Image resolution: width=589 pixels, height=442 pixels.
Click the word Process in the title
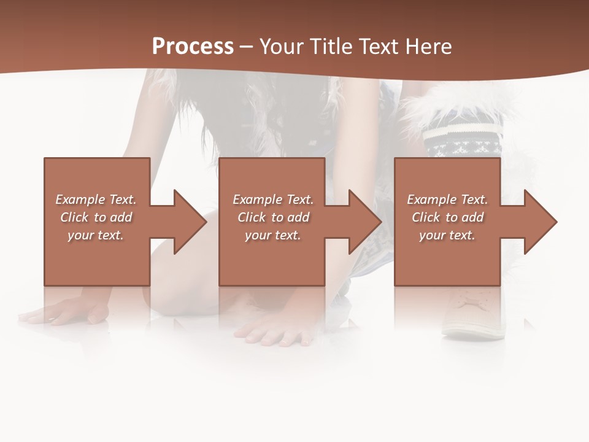(x=193, y=47)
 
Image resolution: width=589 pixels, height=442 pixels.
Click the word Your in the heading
(x=282, y=47)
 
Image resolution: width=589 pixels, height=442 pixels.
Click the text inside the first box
(x=96, y=217)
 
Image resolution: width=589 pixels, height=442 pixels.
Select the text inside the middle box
(x=272, y=217)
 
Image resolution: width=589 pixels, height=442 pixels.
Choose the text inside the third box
(x=447, y=217)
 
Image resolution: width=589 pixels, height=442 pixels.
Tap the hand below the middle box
(x=270, y=331)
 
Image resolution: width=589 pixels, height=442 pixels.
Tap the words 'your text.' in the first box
(x=96, y=235)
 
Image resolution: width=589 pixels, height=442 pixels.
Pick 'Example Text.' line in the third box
(x=447, y=200)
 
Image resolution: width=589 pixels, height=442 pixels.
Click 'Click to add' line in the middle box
(x=272, y=217)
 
